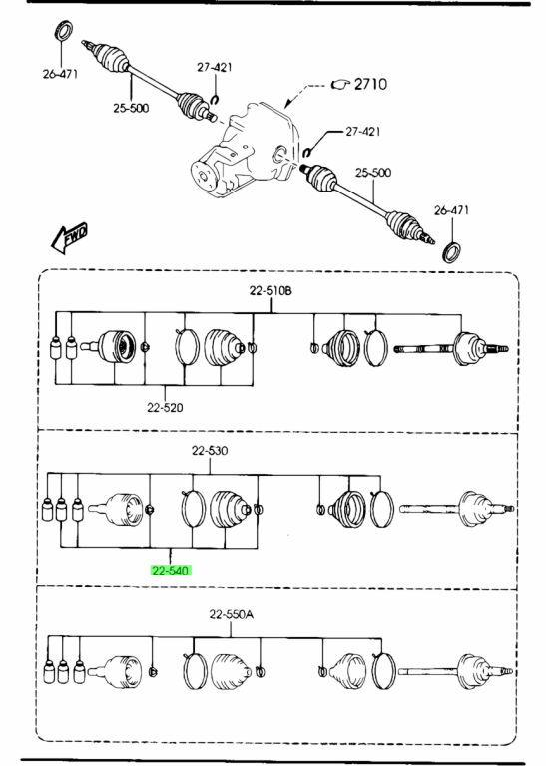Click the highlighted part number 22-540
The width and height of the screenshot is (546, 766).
coord(170,571)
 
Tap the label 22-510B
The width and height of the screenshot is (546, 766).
coord(271,290)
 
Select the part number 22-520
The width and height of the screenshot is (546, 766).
coord(165,407)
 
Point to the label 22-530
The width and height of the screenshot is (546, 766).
coord(210,451)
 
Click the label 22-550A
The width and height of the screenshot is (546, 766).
coord(232,614)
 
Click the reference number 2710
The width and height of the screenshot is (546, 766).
coord(370,84)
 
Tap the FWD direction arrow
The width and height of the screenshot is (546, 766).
coord(70,238)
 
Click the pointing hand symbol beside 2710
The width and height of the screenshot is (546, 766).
coord(340,85)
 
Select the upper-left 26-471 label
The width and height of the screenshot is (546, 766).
coord(60,74)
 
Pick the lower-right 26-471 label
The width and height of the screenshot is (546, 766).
coord(451,210)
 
